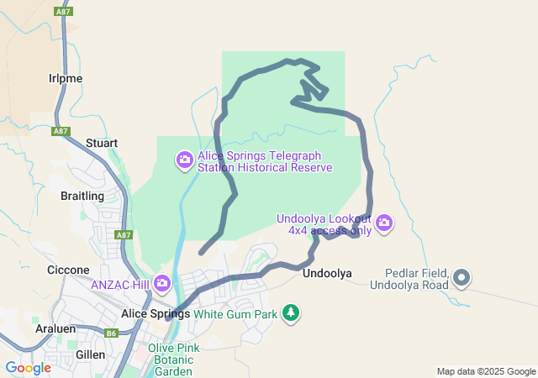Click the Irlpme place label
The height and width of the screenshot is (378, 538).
point(65,78)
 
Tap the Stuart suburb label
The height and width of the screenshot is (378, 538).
point(101,144)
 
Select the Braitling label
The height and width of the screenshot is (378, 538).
point(82,196)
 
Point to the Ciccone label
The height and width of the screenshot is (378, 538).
point(68,270)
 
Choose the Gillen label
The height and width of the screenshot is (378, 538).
point(90,355)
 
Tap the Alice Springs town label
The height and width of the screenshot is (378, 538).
point(156,313)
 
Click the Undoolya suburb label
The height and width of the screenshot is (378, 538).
point(326,273)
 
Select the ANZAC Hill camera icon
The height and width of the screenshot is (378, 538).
point(162,284)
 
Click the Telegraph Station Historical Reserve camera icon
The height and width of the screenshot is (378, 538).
point(184,160)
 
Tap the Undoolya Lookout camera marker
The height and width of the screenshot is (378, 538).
point(384,223)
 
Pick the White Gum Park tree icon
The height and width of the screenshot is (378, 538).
point(291,313)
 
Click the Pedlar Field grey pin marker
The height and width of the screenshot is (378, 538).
point(462,277)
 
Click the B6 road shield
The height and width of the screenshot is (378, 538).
point(112,333)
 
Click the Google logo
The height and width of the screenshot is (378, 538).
point(28,368)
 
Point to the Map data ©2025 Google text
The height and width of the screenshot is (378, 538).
point(486,371)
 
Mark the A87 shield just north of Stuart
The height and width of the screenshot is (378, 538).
point(60,131)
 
